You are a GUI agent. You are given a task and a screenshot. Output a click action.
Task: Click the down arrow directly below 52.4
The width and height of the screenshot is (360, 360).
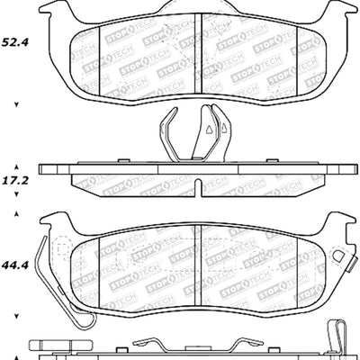(15, 105)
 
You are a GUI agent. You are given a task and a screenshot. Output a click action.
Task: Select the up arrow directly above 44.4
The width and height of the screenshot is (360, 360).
(15, 216)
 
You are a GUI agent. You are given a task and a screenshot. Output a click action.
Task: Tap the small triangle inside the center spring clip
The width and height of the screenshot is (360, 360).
(209, 130)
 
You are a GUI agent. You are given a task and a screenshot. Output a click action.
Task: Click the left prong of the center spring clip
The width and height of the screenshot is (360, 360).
(170, 127)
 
